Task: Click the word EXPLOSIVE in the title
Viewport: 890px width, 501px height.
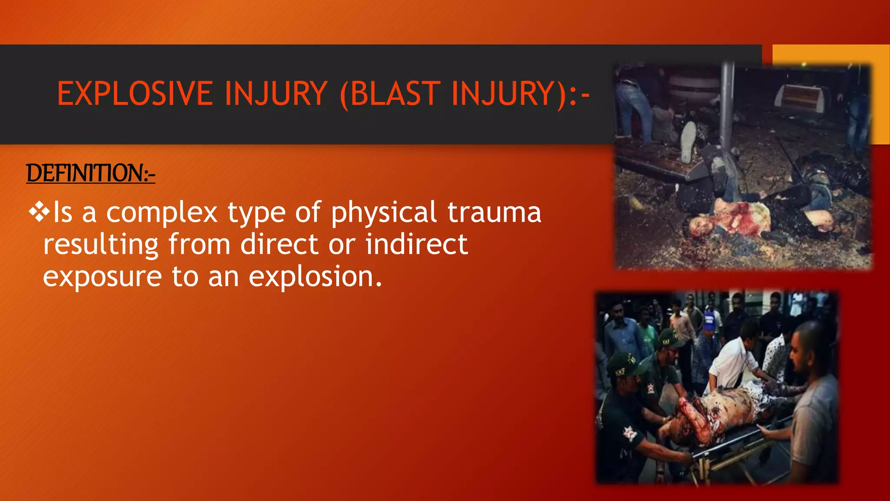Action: [135, 94]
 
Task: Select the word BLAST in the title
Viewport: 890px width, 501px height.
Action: [395, 94]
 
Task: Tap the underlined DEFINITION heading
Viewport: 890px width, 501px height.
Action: [90, 173]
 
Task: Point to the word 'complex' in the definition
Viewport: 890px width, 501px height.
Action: [162, 213]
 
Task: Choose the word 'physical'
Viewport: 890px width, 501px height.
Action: [383, 213]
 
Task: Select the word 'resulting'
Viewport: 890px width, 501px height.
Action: [101, 245]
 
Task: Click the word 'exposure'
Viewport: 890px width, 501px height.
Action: [102, 277]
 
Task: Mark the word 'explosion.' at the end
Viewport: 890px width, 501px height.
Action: [315, 277]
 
